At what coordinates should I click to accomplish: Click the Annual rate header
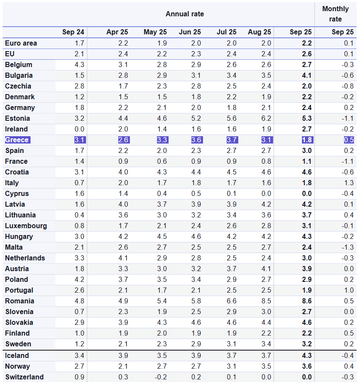185,14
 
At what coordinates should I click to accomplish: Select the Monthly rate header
335,14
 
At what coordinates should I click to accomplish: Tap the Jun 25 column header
190,32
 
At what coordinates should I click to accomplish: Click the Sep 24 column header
73,32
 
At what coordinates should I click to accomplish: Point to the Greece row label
17,140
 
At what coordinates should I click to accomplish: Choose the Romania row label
19,301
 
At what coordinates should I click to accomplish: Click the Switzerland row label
24,377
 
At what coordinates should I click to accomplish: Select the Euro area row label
21,43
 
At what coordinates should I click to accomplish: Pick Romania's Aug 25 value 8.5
266,301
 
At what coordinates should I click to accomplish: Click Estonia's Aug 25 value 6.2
266,118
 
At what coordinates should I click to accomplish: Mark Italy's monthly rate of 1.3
349,183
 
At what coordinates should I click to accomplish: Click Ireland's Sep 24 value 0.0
79,129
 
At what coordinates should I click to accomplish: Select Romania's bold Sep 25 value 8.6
307,301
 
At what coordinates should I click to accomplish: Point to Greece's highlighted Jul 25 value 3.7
231,140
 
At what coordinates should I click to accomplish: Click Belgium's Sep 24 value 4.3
79,64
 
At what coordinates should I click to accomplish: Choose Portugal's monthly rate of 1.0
349,290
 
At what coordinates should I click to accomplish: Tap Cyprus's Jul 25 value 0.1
231,193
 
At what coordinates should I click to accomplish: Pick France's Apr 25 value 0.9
123,161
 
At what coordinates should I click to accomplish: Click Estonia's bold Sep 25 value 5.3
307,118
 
